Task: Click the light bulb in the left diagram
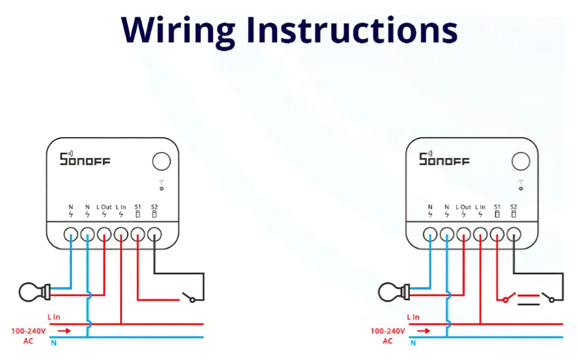click(34, 292)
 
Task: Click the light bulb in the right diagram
click(393, 292)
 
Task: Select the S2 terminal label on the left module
click(154, 207)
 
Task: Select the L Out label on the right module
click(463, 207)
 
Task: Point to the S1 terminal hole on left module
click(138, 235)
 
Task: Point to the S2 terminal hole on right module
click(514, 235)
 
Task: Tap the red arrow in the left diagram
click(64, 330)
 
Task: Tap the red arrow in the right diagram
click(423, 330)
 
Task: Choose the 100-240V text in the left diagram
click(29, 331)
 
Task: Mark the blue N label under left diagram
click(54, 343)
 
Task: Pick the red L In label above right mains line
click(413, 317)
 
